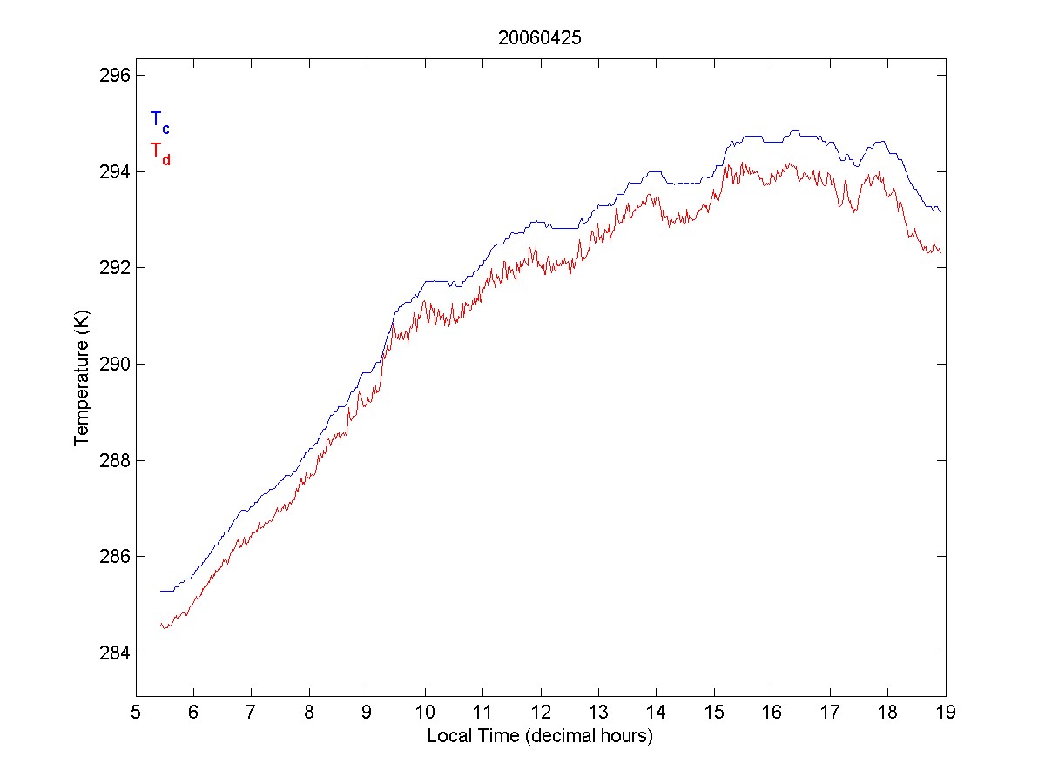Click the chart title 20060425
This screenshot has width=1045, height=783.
pyautogui.click(x=540, y=38)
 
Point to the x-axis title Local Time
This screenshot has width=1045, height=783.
pyautogui.click(x=540, y=736)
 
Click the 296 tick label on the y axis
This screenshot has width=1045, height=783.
pyautogui.click(x=112, y=76)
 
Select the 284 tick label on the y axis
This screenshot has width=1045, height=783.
pyautogui.click(x=112, y=652)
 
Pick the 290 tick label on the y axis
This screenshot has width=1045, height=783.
pyautogui.click(x=112, y=364)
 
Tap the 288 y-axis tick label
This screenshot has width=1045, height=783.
pyautogui.click(x=112, y=460)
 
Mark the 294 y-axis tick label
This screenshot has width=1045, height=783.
pyautogui.click(x=112, y=171)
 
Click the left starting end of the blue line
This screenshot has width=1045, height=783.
pyautogui.click(x=160, y=591)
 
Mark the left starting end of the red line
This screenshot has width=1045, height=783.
pyautogui.click(x=160, y=625)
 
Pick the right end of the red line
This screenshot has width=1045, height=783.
pyautogui.click(x=941, y=252)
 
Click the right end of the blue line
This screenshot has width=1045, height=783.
pyautogui.click(x=941, y=211)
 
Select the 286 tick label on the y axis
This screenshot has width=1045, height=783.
pyautogui.click(x=112, y=556)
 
